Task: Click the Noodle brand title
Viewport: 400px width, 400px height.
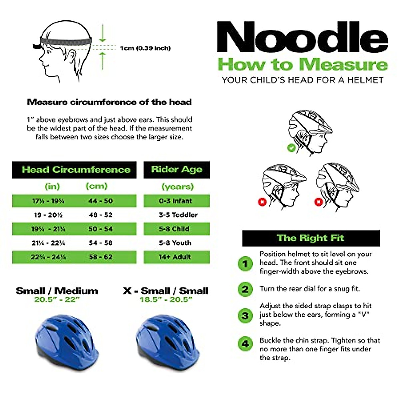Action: coord(302,37)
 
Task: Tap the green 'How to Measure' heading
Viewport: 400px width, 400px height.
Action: coord(302,64)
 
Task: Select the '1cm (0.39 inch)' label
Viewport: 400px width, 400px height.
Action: coord(145,48)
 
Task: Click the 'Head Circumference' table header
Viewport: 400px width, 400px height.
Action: coord(76,170)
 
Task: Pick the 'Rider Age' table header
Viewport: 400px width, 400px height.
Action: coord(177,170)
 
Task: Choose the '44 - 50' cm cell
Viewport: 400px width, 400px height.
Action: coord(101,201)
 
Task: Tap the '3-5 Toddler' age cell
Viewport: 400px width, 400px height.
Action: coord(178,215)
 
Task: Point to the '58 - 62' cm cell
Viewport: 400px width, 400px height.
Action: coord(101,257)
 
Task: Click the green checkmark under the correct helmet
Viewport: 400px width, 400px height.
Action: coord(291,147)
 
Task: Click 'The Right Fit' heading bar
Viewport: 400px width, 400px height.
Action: coord(311,238)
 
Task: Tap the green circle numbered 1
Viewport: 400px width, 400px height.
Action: coord(245,264)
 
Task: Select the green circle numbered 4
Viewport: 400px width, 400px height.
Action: coord(245,343)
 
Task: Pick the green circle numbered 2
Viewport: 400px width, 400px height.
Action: coord(245,289)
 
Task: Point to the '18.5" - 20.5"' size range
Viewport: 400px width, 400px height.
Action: coord(166,299)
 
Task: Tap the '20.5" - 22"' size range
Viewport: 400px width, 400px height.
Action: coord(57,299)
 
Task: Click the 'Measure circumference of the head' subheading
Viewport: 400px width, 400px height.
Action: coord(109,102)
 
